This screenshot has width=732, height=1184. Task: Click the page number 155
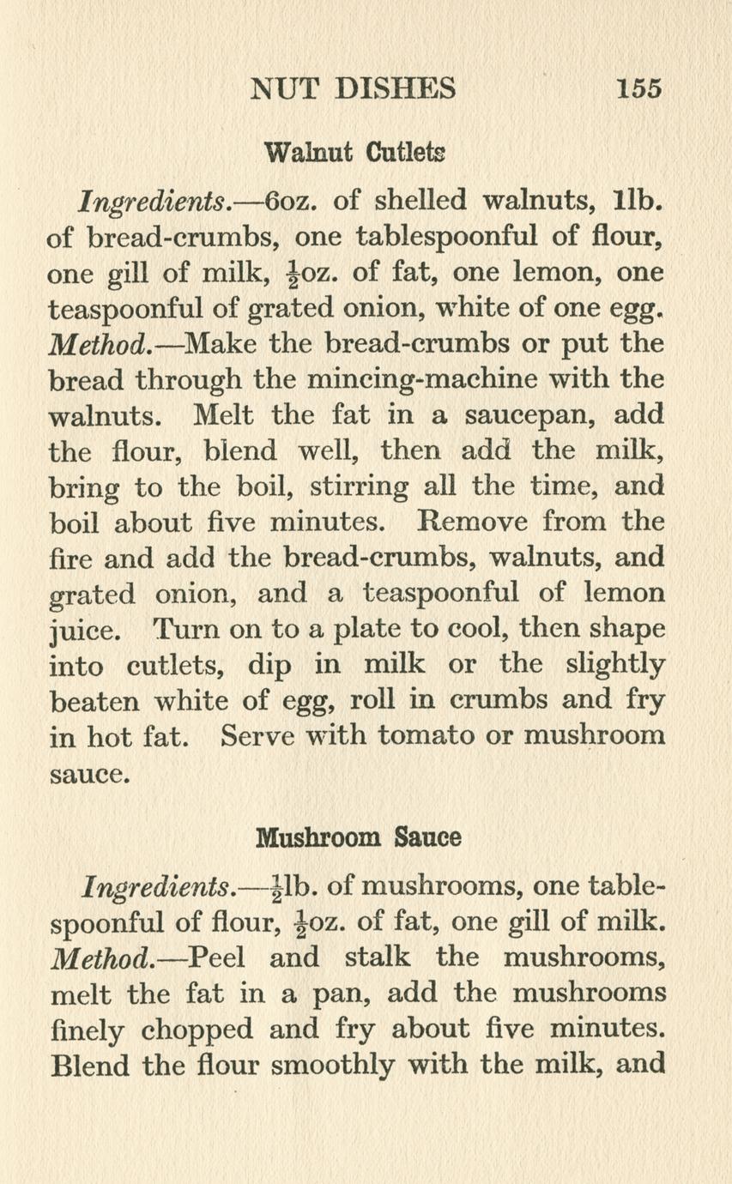[638, 88]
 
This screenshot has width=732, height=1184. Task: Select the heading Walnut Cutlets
[355, 154]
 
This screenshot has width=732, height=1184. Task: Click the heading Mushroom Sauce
[360, 836]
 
